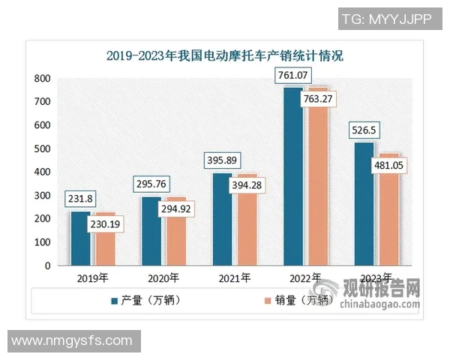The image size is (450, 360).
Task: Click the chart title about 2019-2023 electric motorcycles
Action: pyautogui.click(x=224, y=55)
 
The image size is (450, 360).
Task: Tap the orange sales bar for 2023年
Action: pyautogui.click(x=388, y=217)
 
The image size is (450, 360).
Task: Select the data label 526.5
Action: pyautogui.click(x=364, y=130)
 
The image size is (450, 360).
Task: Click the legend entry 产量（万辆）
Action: pyautogui.click(x=150, y=301)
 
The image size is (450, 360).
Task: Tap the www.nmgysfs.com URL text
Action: pyautogui.click(x=72, y=341)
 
